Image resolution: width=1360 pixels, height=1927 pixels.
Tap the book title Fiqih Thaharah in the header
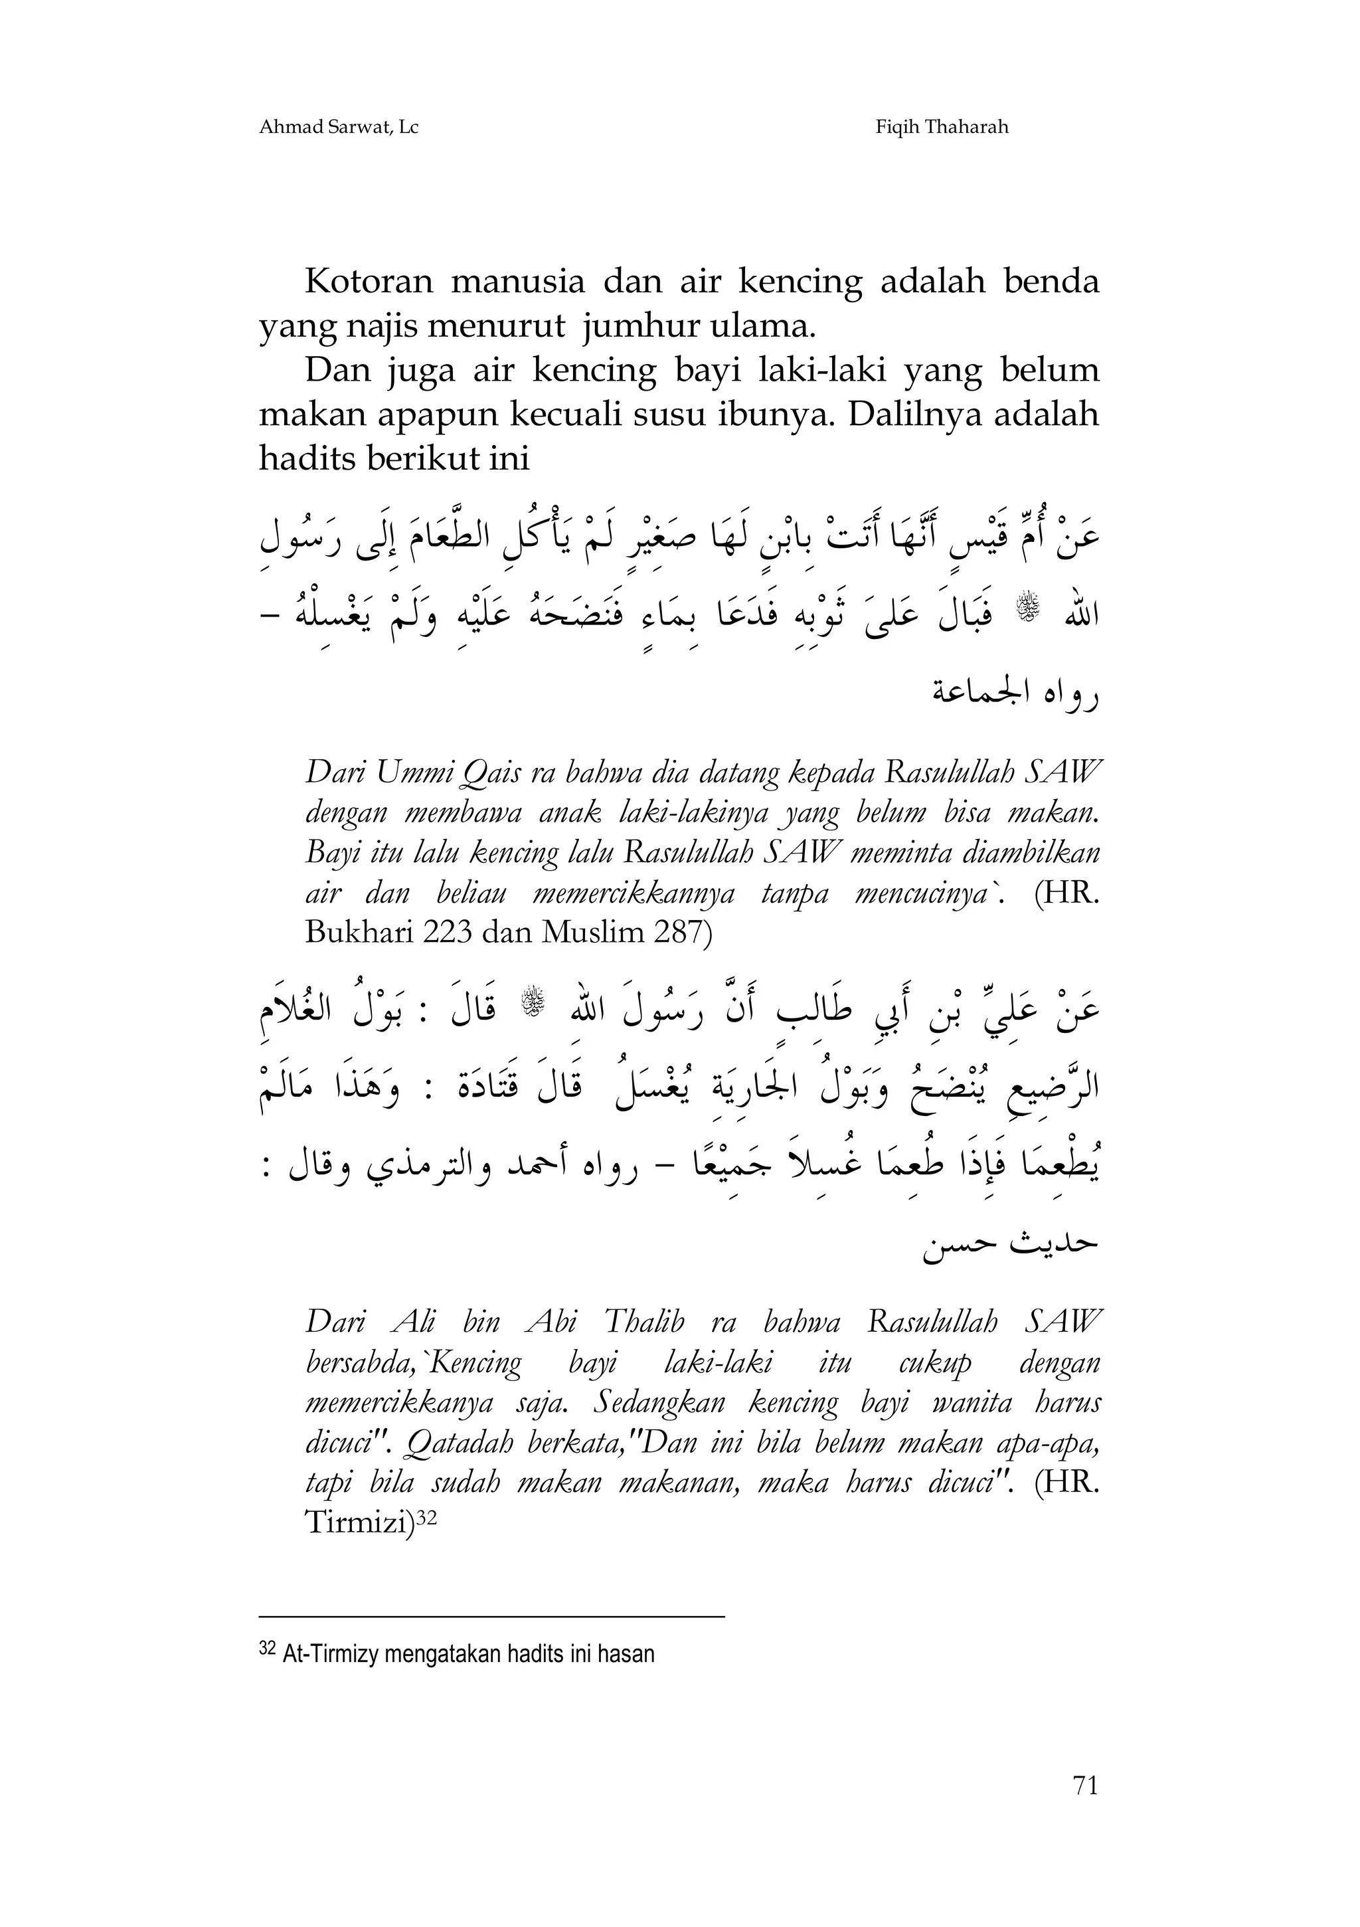click(942, 128)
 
